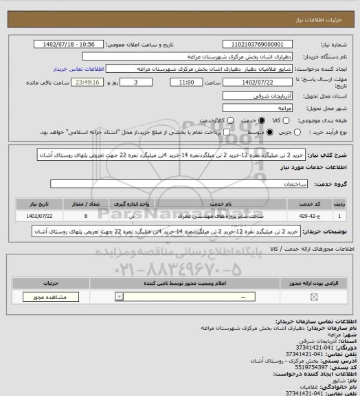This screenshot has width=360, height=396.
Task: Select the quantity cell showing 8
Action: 85,215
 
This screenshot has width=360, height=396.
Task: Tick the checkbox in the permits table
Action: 314,296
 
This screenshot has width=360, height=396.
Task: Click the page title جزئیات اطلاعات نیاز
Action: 329,7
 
